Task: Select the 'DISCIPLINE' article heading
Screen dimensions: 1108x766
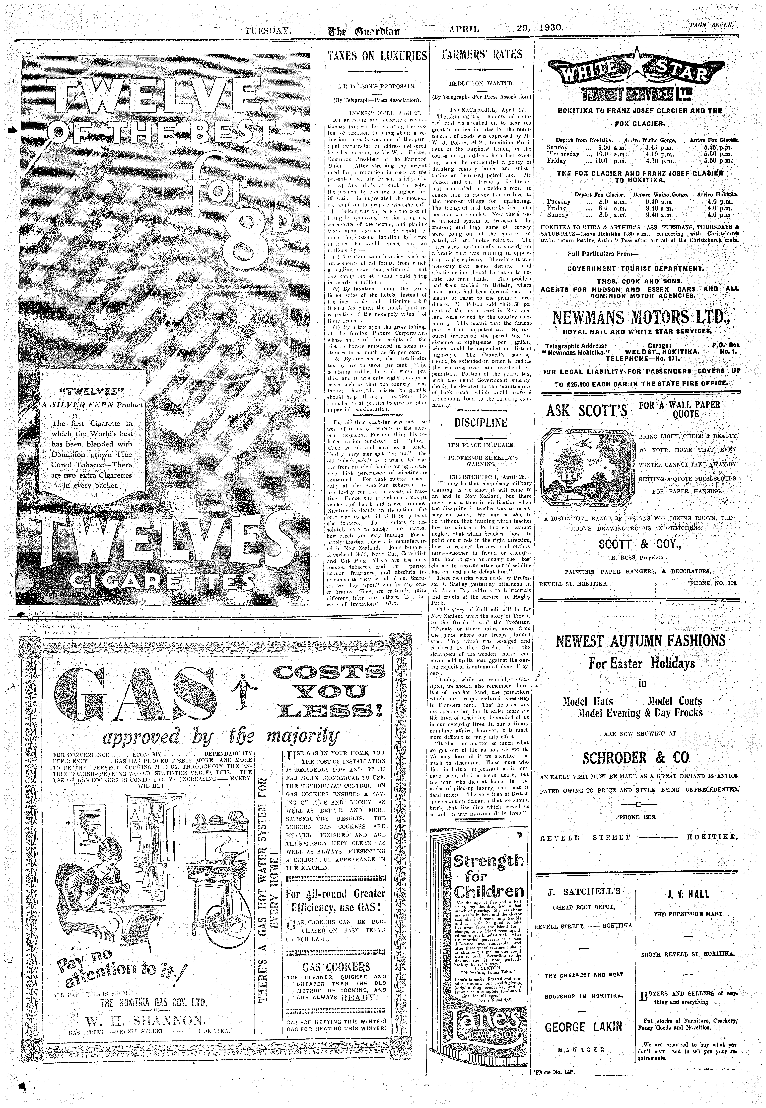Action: [481, 423]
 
